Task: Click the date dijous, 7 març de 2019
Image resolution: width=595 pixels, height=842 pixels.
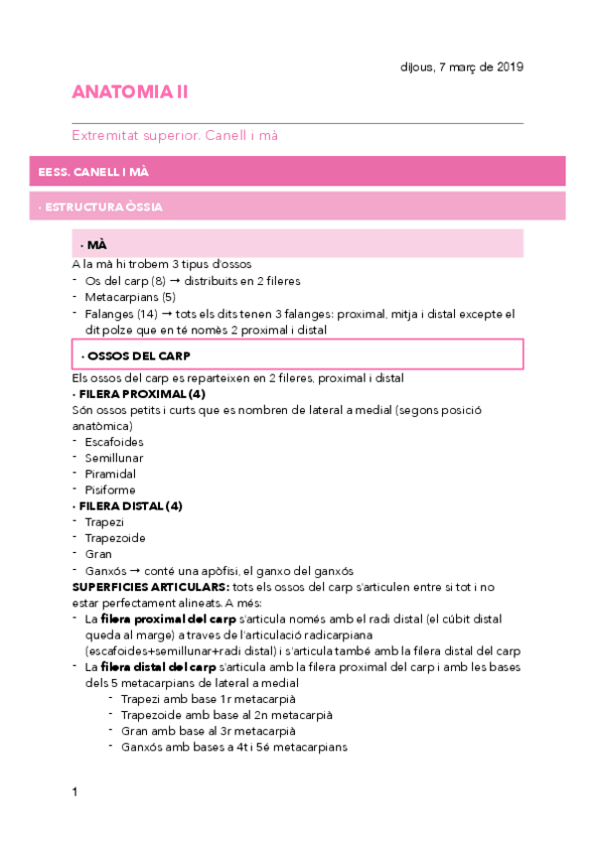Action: (x=455, y=67)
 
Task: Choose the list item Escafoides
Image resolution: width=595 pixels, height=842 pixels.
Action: (x=114, y=442)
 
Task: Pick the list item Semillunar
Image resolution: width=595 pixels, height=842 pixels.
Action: (x=114, y=458)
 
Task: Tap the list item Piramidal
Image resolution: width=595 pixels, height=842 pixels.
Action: (x=110, y=474)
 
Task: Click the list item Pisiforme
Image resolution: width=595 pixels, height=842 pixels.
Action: (x=110, y=490)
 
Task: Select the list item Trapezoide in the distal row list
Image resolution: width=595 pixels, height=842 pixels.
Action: (x=115, y=538)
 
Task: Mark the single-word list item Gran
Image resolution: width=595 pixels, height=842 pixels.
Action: (x=98, y=554)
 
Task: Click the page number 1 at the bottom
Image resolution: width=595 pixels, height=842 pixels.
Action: (x=74, y=791)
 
